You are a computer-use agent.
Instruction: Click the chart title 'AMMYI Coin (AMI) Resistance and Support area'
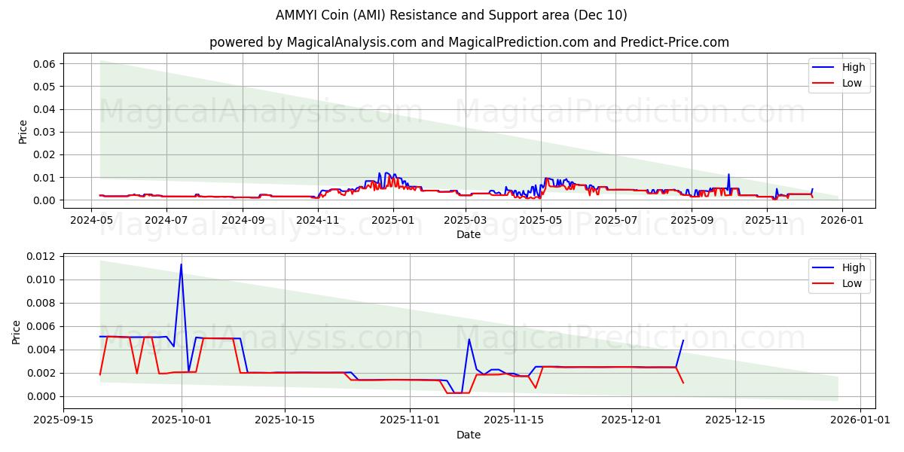tap(452, 15)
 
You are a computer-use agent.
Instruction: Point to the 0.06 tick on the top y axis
tap(43, 64)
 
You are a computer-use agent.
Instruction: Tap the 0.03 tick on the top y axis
tap(43, 132)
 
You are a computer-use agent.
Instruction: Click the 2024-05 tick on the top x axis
tap(91, 220)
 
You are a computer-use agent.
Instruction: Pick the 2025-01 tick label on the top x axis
tap(392, 220)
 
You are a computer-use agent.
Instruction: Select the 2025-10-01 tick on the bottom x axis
tap(182, 420)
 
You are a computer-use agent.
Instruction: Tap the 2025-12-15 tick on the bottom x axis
tap(734, 420)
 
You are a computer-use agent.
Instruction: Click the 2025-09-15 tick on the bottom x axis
tap(63, 420)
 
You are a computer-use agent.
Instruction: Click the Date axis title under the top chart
tap(468, 234)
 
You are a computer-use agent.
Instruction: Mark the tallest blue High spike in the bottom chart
tap(181, 264)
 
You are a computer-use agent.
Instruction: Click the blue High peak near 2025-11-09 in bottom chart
tap(469, 339)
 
